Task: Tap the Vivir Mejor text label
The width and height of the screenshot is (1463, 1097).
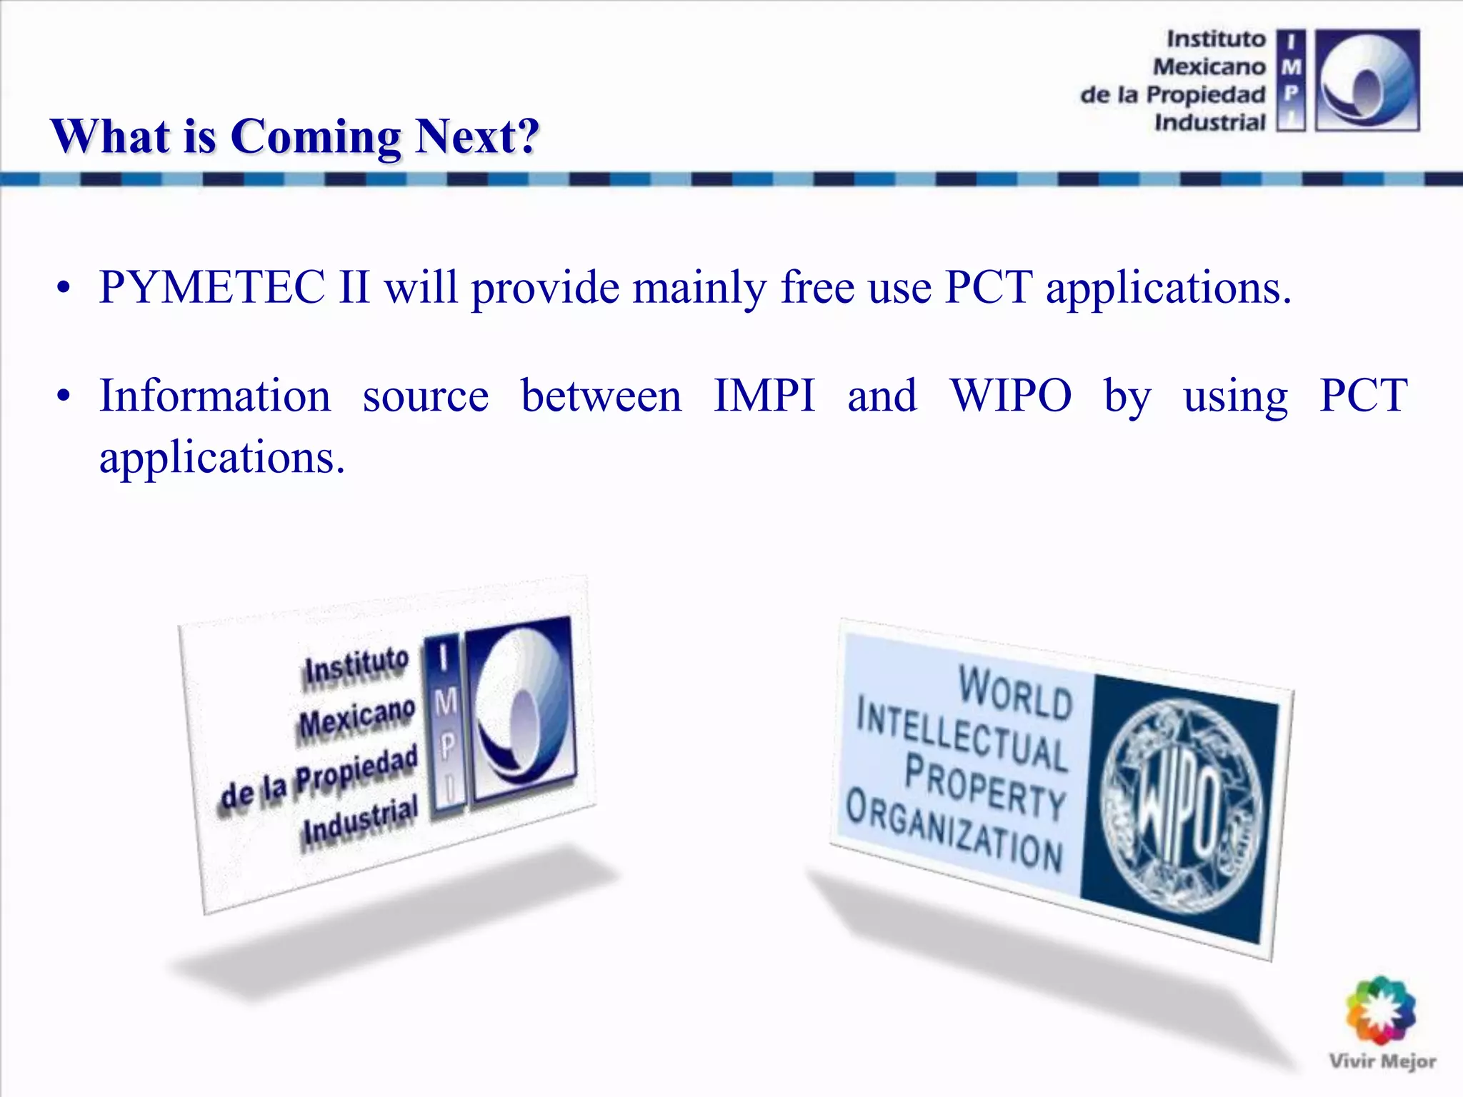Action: [x=1382, y=1061]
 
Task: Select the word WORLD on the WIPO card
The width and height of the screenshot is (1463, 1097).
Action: [x=1015, y=692]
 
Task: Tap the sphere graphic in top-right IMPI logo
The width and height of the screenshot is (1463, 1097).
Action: [x=1367, y=80]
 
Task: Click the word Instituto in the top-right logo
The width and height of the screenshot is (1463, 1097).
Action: [x=1216, y=39]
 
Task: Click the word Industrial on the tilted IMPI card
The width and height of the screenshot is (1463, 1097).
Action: [x=359, y=823]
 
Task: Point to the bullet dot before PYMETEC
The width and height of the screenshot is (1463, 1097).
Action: [x=64, y=289]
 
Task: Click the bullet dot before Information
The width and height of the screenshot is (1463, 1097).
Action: [x=64, y=397]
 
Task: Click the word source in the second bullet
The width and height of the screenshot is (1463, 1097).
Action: [x=426, y=397]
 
